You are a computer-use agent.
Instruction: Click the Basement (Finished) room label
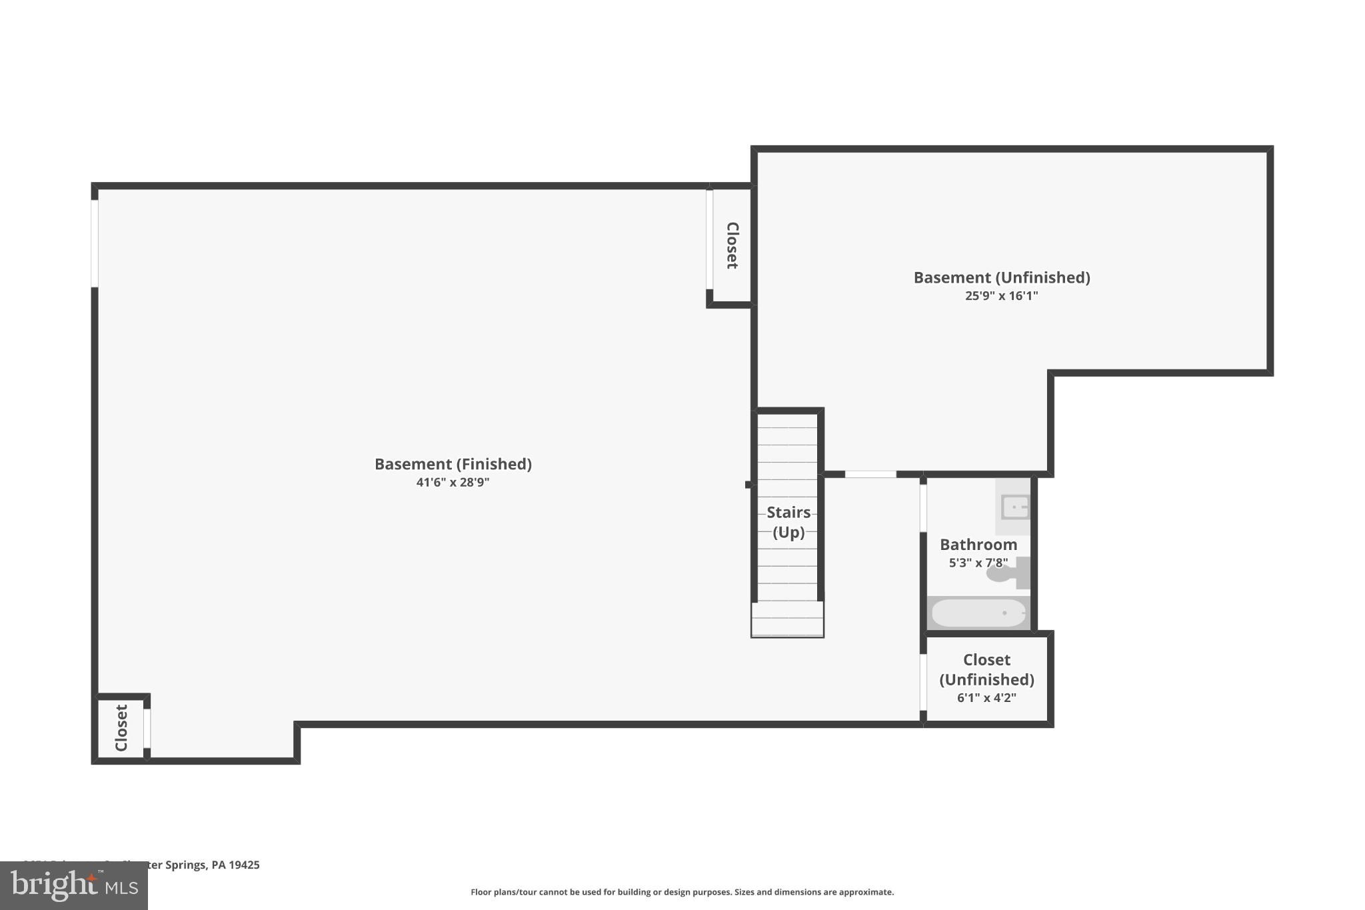point(453,464)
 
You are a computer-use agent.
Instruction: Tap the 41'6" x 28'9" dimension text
point(453,482)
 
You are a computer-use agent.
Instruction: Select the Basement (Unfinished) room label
point(1001,277)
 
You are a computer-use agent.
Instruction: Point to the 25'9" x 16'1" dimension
point(1001,296)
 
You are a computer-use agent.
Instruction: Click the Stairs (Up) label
point(788,522)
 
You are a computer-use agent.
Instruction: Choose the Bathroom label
point(978,545)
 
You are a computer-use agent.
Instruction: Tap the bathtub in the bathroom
point(978,613)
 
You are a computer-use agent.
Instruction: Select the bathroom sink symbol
point(1014,507)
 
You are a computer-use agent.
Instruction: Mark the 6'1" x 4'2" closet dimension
point(986,698)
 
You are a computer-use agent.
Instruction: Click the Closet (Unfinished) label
point(986,669)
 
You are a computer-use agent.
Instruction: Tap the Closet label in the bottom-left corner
point(121,727)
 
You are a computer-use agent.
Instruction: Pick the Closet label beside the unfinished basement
point(732,245)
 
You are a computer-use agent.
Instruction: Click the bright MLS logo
point(74,886)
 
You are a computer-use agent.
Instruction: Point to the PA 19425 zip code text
point(235,865)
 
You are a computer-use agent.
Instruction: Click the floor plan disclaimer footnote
point(682,892)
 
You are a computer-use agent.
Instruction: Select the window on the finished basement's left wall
point(95,243)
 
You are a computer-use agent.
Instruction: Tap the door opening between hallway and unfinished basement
point(870,474)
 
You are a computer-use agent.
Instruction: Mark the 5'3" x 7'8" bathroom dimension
point(978,563)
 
